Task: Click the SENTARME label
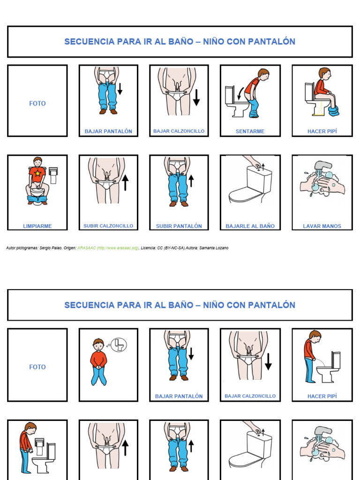(250, 131)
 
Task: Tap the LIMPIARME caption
(37, 226)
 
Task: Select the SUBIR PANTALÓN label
(179, 226)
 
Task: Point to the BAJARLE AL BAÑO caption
(250, 226)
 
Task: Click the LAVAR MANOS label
(322, 226)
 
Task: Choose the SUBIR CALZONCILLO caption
(108, 226)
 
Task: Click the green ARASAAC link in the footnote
(108, 248)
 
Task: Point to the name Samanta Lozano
(215, 248)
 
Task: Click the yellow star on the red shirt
(37, 173)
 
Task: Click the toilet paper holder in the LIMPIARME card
(53, 174)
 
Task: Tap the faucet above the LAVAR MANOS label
(323, 166)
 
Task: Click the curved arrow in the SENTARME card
(240, 92)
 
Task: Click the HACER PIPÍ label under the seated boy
(322, 131)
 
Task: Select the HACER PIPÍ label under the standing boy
(322, 396)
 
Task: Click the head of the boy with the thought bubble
(98, 345)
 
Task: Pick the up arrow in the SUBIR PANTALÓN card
(191, 180)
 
